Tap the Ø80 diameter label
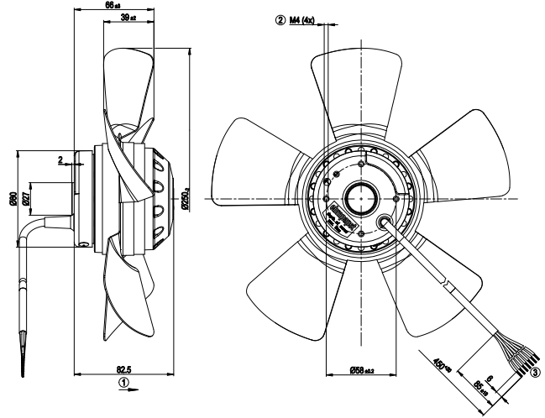click(13, 199)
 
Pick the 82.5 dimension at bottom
click(122, 368)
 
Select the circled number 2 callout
click(280, 18)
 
